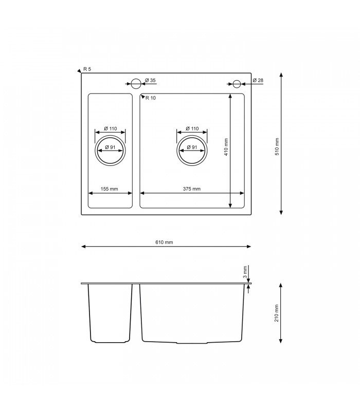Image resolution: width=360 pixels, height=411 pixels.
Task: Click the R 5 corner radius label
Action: click(87, 69)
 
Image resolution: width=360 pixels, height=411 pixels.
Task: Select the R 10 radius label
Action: click(151, 98)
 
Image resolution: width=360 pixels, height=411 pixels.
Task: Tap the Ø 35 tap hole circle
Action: click(136, 83)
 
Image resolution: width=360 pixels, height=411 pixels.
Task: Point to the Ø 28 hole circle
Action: click(237, 83)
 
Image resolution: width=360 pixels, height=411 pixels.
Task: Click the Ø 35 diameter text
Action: click(150, 80)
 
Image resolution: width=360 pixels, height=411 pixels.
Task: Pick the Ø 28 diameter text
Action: click(258, 80)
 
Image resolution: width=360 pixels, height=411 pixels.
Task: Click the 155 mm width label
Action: click(110, 189)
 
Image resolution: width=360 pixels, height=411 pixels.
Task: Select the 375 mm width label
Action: click(192, 189)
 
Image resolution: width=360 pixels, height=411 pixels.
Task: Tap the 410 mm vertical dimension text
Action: click(226, 147)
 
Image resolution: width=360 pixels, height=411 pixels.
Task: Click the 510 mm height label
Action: click(277, 146)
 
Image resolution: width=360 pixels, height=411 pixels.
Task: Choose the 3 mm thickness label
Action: click(246, 271)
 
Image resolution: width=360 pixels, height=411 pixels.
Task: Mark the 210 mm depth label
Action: click(277, 313)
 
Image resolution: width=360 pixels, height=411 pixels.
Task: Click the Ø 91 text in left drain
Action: click(110, 147)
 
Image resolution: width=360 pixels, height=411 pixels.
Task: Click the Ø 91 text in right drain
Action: click(192, 147)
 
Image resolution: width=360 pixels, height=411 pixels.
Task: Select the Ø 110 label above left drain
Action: click(110, 128)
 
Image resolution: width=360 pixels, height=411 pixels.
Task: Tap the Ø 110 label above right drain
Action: click(192, 128)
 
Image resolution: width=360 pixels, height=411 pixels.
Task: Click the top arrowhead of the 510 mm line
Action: click(281, 75)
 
